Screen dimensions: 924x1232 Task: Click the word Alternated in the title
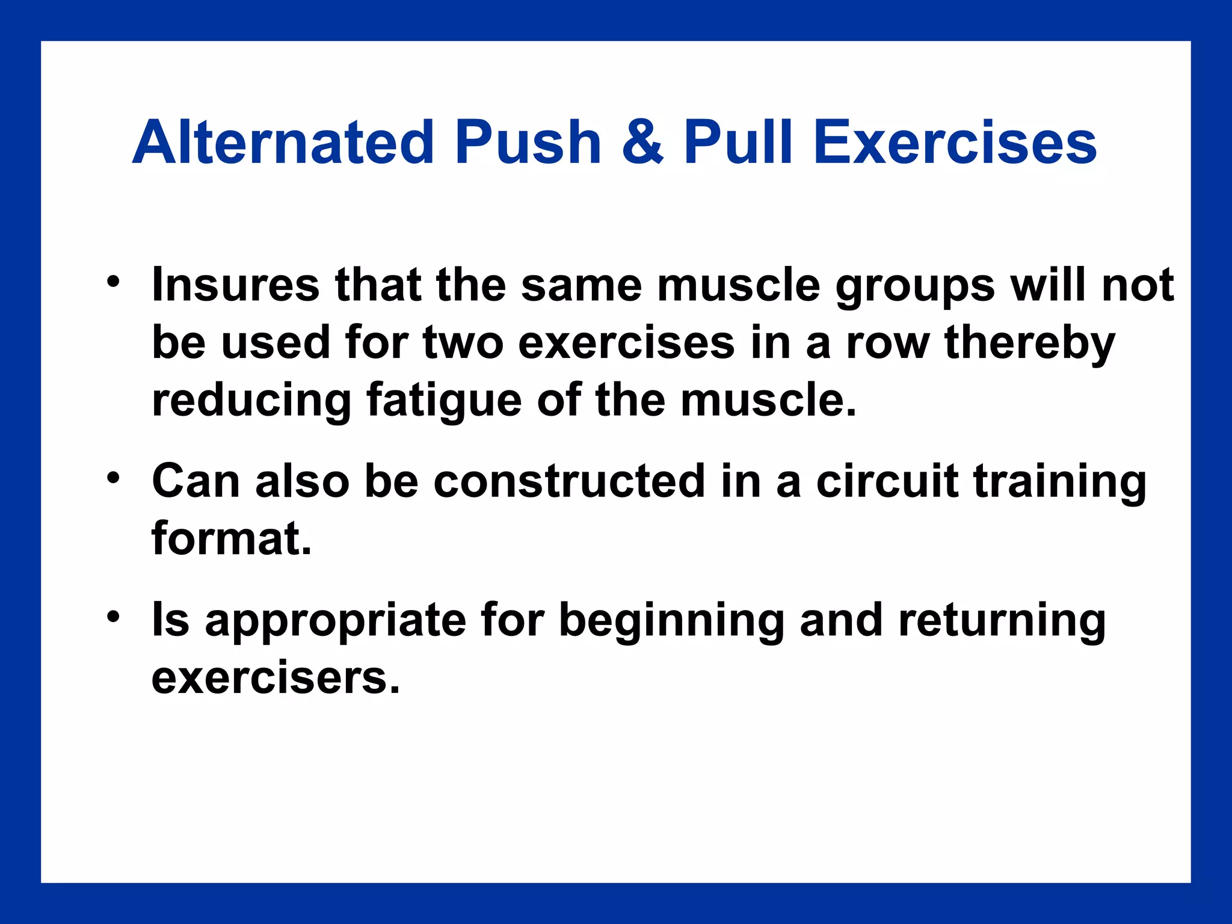point(283,143)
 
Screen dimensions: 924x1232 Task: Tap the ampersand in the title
point(642,143)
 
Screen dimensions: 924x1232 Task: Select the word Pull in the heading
point(738,143)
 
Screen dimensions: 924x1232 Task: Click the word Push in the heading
point(528,143)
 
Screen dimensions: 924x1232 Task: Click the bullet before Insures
point(113,282)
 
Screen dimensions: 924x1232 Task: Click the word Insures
point(235,285)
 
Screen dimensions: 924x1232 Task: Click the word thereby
point(1030,343)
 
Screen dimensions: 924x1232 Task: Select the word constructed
point(569,481)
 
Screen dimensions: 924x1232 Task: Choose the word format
point(231,538)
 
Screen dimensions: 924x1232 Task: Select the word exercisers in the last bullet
point(275,678)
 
